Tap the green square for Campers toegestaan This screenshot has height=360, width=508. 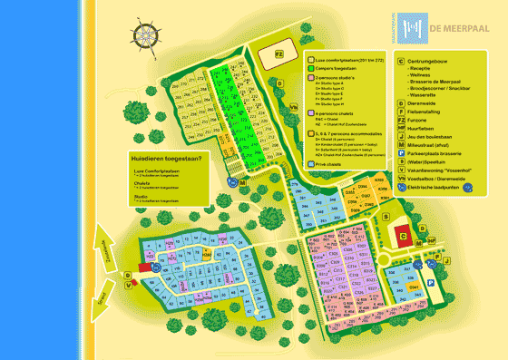[x=310, y=68]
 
